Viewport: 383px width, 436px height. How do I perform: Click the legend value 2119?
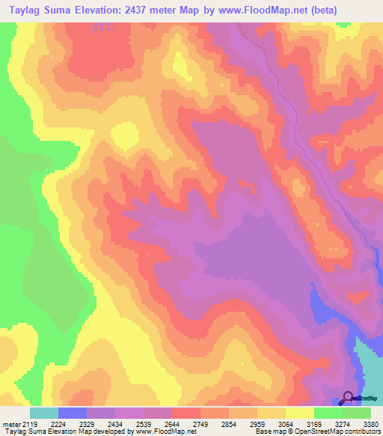coord(29,424)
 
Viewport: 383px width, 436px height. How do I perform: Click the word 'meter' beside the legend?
coord(10,424)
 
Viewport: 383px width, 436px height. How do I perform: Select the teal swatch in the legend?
coord(44,413)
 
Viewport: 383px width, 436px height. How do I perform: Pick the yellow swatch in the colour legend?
coord(300,413)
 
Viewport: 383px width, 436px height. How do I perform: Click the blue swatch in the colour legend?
coord(73,413)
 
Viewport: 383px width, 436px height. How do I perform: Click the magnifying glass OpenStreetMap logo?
coord(348,398)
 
